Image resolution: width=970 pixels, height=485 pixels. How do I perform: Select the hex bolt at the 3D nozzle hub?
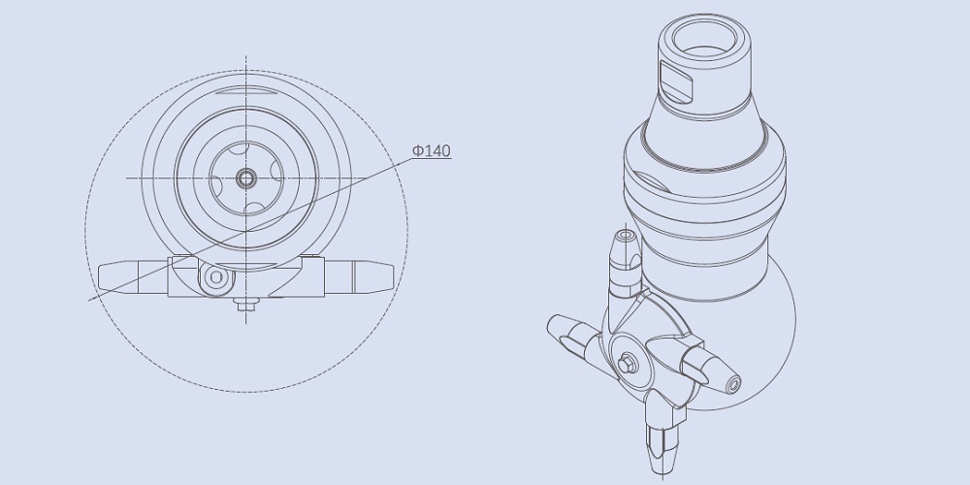(x=627, y=363)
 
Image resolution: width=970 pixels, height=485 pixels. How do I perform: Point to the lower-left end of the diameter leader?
(x=90, y=300)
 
